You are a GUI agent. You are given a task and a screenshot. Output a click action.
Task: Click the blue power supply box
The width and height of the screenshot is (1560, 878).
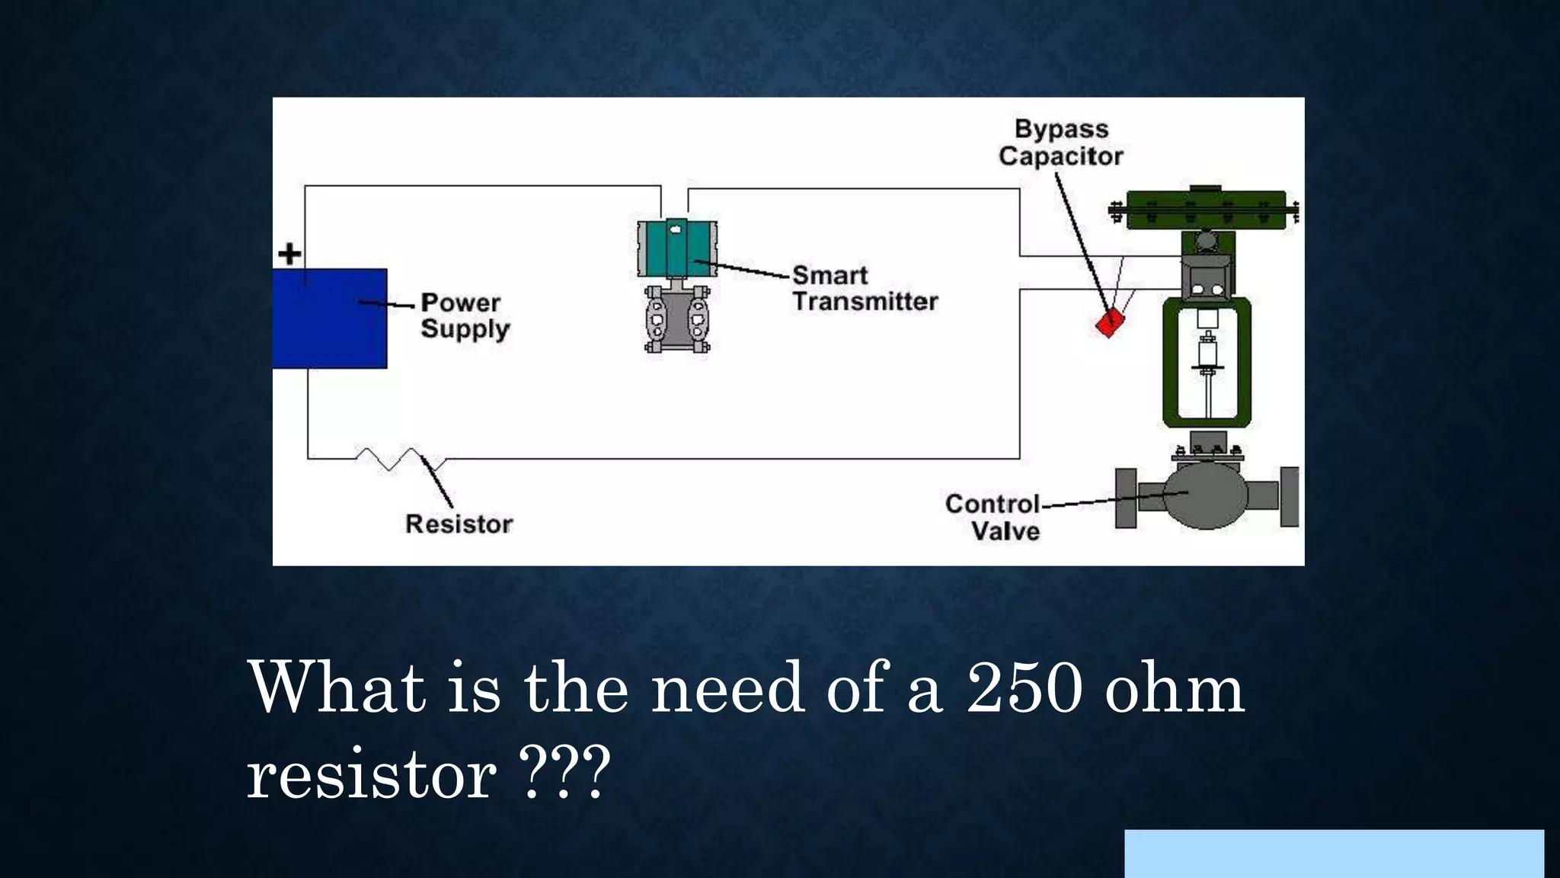(330, 318)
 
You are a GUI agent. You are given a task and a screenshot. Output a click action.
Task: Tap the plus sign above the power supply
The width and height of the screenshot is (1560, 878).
(289, 254)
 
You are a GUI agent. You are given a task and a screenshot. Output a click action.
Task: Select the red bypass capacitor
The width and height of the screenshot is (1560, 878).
(1109, 322)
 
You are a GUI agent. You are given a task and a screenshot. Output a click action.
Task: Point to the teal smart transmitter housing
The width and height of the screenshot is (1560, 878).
(677, 248)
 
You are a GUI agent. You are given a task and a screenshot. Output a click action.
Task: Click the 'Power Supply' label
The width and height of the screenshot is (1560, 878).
(465, 316)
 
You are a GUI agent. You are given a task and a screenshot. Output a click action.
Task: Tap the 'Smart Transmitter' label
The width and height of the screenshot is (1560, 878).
(865, 288)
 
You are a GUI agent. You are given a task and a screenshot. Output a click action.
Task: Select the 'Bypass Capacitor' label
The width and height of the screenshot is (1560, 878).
(1061, 143)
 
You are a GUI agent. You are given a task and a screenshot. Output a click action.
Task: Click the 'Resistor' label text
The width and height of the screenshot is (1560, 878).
(459, 524)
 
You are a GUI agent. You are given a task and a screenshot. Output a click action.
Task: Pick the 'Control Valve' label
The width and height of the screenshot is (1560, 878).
(993, 518)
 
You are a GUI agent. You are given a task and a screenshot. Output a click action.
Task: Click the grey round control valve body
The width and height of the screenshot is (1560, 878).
(1207, 496)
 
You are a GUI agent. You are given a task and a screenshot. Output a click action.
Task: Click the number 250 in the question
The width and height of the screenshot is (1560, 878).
(1025, 688)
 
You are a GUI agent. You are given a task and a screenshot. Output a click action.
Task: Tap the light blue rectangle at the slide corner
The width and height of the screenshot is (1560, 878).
(1334, 854)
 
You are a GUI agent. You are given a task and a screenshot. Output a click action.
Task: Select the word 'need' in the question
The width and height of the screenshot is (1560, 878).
(727, 688)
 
